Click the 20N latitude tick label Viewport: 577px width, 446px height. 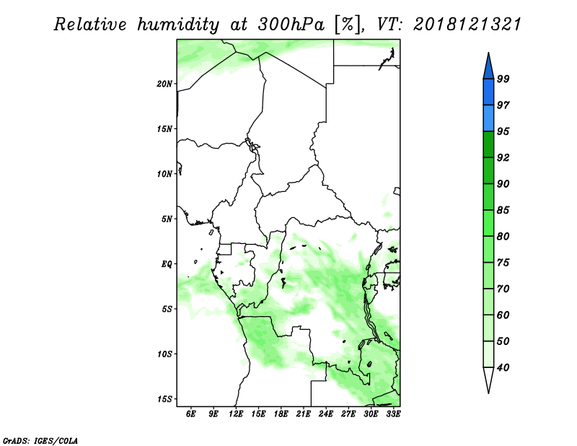point(164,84)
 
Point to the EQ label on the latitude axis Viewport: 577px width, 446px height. point(167,264)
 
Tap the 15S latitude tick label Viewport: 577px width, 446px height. point(164,399)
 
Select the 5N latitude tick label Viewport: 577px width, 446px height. point(167,219)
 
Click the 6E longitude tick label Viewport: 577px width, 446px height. point(190,414)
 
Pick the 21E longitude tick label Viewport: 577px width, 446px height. point(303,414)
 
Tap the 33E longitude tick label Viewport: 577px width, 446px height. point(393,414)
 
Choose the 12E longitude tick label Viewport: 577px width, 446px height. point(236,414)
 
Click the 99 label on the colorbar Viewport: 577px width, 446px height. point(503,79)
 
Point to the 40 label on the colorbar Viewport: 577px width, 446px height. point(503,367)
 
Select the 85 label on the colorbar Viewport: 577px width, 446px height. point(503,210)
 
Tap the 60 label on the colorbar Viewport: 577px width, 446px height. point(503,315)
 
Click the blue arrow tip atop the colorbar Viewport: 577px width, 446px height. point(488,53)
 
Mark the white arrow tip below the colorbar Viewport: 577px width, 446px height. point(488,393)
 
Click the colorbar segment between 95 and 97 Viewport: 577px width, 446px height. point(488,118)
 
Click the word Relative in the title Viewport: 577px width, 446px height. point(90,25)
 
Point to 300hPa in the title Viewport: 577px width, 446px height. point(291,25)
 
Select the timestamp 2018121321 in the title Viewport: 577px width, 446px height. point(467,25)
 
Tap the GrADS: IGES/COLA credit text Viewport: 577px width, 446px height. point(40,441)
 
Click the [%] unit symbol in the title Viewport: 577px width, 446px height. point(347,25)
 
